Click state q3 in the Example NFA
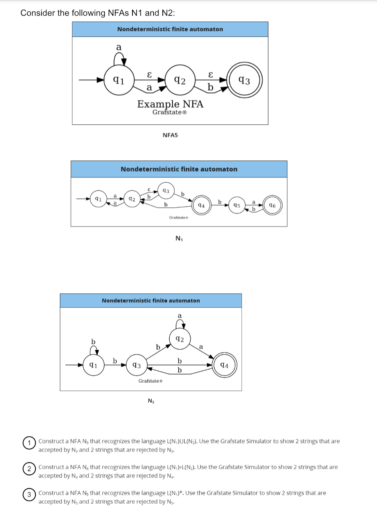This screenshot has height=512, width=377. coord(245,80)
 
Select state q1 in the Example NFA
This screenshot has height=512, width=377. coord(119,80)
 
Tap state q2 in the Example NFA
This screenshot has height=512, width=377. coord(180,80)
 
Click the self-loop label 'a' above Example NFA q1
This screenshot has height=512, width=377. coord(119,47)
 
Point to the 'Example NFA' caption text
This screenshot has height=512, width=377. coord(170,104)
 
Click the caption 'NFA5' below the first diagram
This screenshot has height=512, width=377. coord(170,135)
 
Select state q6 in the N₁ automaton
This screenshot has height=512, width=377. coord(272,205)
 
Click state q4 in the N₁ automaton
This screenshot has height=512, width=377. coord(201,205)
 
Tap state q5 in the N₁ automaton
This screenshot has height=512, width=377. coord(237,205)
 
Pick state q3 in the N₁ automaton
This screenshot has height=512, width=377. coord(166,191)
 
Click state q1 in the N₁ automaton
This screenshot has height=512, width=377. coord(98,199)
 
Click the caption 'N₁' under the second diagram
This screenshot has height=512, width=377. coord(179,238)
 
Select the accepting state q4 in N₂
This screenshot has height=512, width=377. coord(225,365)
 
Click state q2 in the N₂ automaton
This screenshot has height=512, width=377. coord(180,339)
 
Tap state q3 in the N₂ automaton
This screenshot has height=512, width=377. coord(137,365)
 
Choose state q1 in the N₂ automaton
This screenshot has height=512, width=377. coord(93,365)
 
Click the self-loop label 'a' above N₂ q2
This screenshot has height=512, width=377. coord(180,316)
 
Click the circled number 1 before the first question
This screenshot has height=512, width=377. coord(29,443)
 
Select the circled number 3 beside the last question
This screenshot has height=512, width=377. coord(29,494)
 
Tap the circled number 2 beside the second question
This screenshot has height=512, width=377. coord(29,469)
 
